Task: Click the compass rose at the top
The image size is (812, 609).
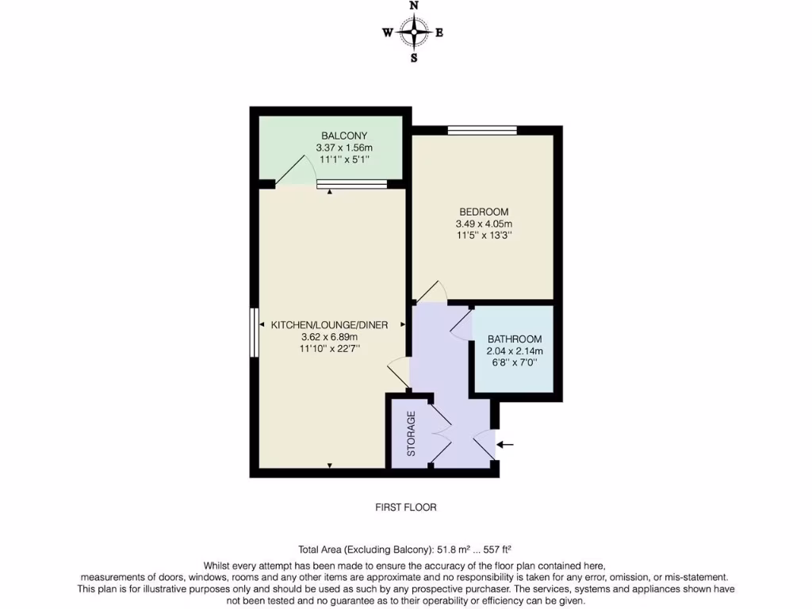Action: point(413,33)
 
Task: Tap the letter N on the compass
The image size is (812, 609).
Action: point(413,6)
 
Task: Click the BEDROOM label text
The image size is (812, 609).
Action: point(484,212)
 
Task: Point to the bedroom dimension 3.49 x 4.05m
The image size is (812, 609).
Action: point(484,224)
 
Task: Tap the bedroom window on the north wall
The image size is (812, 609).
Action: point(482,130)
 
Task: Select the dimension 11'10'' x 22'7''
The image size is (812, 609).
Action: point(329,348)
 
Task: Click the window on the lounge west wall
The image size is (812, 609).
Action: point(255,333)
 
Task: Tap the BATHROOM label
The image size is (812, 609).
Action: point(515,339)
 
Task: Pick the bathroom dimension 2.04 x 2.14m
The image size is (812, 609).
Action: point(515,350)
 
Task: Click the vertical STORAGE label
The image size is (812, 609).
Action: point(412,434)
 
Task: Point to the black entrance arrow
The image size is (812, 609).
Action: point(505,445)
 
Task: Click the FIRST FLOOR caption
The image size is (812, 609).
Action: point(405,507)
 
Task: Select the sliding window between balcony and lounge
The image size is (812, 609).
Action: point(351,184)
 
